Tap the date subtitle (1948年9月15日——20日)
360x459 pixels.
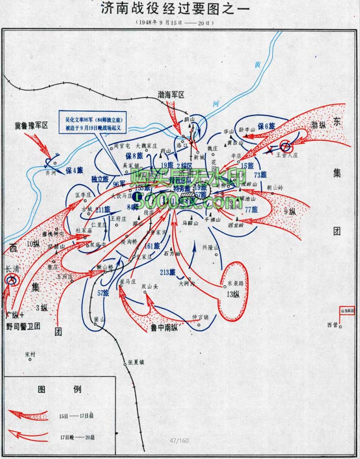tap(180, 23)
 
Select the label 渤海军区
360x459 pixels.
tap(171, 94)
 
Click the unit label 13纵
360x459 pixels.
tap(235, 294)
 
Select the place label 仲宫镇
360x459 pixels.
tap(201, 316)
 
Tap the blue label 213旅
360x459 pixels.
tap(167, 272)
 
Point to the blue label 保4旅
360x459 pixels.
tap(74, 171)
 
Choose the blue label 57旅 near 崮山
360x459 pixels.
tap(103, 293)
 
